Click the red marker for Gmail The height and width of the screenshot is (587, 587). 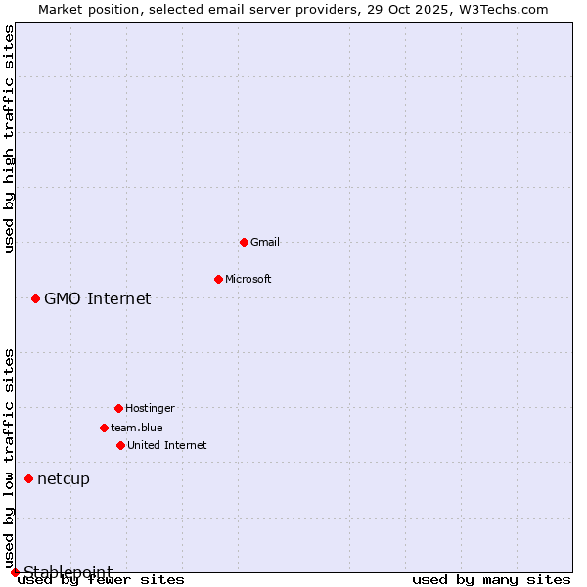coord(244,242)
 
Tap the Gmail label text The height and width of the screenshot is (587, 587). coord(265,242)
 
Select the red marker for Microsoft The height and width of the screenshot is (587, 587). coord(218,279)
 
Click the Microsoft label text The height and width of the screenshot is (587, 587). coord(248,279)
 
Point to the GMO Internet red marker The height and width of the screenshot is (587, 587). coord(35,298)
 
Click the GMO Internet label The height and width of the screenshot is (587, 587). coord(98,298)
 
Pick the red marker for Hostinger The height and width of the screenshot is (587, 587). coord(118,408)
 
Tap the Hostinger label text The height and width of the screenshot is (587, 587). coord(150,408)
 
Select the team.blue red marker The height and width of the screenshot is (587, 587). coord(104,428)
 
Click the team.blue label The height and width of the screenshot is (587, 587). coord(137,428)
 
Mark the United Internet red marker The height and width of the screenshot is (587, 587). coord(120,445)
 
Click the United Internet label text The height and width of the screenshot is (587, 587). coord(167,445)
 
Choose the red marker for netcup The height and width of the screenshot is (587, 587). coord(28,478)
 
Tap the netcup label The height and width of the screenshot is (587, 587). coord(64,478)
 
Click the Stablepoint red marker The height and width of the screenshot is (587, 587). coord(15,572)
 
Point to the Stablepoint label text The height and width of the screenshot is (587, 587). coord(68,571)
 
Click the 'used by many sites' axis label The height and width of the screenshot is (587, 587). coord(491,580)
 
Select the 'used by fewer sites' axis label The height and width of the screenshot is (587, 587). coord(102,580)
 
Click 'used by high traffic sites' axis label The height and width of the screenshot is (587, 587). coord(10,139)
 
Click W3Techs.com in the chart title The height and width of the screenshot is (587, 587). coord(503,9)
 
